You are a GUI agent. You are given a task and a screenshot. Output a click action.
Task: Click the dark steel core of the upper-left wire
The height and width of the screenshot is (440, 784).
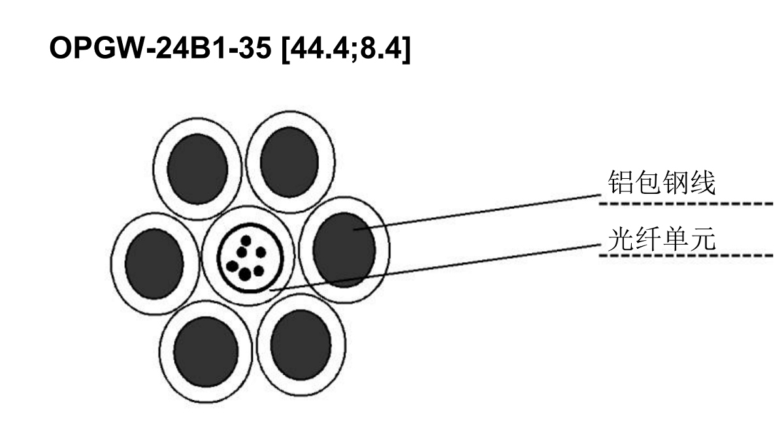pos(198,169)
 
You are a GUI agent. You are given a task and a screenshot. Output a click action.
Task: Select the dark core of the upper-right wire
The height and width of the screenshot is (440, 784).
pos(289,162)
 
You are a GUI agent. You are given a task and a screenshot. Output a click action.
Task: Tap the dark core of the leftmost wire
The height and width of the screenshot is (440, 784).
pos(154,264)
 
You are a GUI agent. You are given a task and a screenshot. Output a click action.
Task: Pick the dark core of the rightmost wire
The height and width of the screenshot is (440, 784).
pos(344,250)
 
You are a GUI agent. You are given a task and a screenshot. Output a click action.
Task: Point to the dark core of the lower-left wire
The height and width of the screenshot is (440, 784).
pos(206,352)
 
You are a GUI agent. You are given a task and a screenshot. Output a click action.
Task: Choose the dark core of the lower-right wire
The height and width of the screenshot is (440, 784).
pos(301,345)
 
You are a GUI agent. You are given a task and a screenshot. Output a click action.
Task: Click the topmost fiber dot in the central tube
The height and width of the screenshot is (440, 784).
pos(246,241)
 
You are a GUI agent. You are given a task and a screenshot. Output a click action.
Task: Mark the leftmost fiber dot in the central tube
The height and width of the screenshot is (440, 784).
pos(232,266)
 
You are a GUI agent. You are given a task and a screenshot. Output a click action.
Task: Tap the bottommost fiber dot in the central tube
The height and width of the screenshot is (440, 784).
pos(245,274)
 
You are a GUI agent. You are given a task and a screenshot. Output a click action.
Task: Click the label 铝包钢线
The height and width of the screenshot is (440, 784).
pos(661,183)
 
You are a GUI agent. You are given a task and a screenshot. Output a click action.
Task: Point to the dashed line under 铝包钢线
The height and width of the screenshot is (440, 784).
pos(686,204)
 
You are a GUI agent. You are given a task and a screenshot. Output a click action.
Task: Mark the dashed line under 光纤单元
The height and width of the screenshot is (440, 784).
pos(686,255)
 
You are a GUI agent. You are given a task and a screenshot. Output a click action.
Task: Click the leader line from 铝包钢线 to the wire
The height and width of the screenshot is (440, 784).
pos(477,212)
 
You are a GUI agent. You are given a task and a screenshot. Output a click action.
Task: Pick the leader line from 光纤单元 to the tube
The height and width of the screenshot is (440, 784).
pos(434,268)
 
